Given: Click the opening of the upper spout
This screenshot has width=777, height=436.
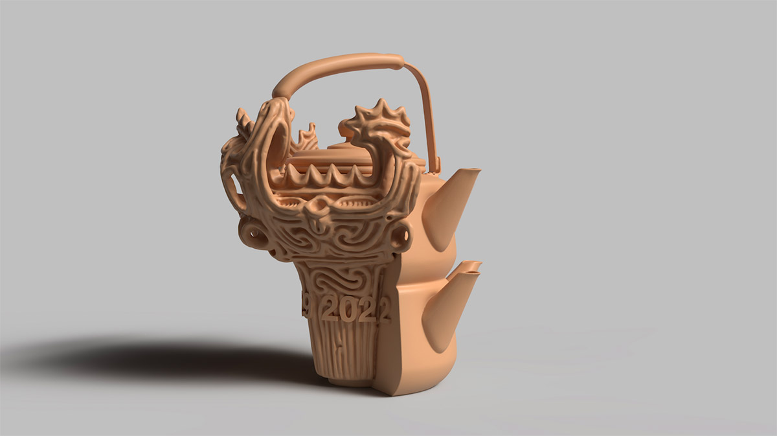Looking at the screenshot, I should (470, 171).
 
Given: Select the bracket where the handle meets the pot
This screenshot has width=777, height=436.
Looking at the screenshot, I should (433, 163).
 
